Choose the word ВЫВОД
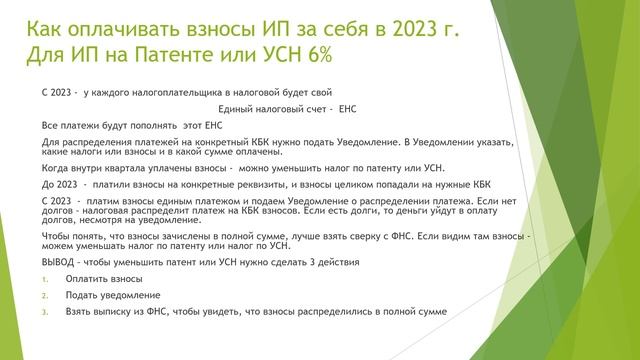58,261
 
